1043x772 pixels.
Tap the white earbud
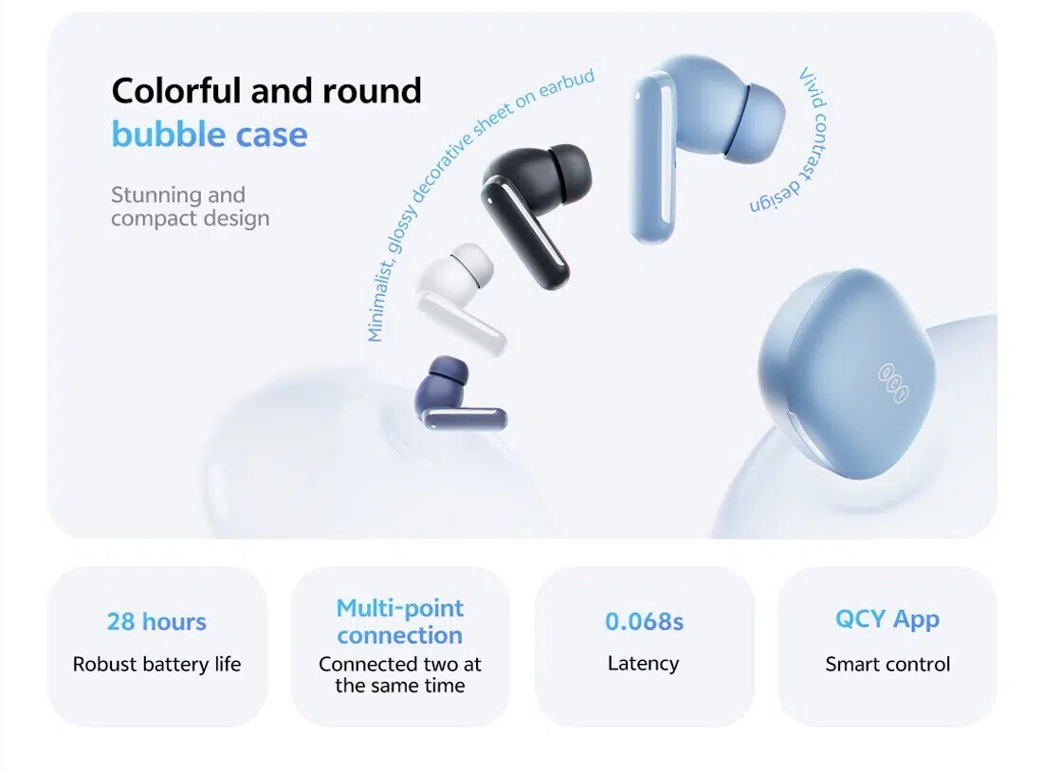459,293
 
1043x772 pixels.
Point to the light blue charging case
848,373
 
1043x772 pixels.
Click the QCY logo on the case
893,382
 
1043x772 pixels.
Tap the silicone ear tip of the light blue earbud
755,123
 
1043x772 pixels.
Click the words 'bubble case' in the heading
210,135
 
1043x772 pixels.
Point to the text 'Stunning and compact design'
191,207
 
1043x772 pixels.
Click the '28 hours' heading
156,621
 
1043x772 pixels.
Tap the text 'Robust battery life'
156,664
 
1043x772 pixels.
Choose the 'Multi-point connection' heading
400,621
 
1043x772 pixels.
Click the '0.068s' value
644,621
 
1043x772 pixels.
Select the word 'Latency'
643,664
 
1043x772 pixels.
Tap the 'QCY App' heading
887,619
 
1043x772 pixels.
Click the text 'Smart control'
887,664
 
